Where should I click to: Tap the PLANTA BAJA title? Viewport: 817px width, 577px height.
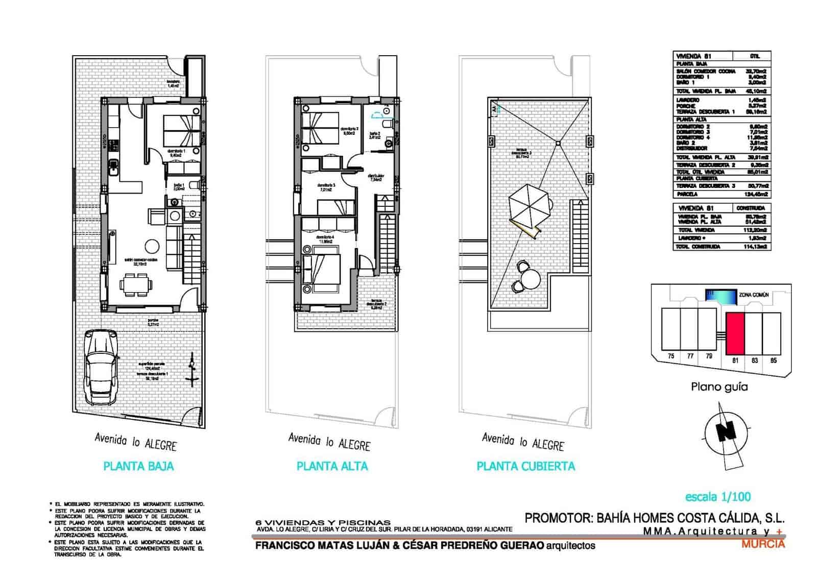[138, 466]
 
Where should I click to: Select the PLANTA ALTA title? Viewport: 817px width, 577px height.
[332, 466]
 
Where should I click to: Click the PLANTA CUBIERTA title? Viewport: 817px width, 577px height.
[525, 466]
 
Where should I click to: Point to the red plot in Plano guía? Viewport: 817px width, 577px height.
[734, 333]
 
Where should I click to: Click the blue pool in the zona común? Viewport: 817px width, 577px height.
[720, 295]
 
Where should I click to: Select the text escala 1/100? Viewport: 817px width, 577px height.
[718, 496]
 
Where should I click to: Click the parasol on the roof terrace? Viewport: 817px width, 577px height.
[529, 205]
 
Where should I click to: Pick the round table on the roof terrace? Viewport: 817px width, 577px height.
[530, 279]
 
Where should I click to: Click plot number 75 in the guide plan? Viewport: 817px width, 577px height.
[671, 356]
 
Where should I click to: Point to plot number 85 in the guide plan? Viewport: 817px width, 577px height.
[773, 360]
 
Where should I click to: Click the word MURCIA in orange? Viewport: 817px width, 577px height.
[763, 544]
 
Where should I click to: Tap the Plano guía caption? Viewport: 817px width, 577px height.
[719, 387]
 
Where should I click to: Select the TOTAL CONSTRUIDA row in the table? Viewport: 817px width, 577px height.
[722, 247]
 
